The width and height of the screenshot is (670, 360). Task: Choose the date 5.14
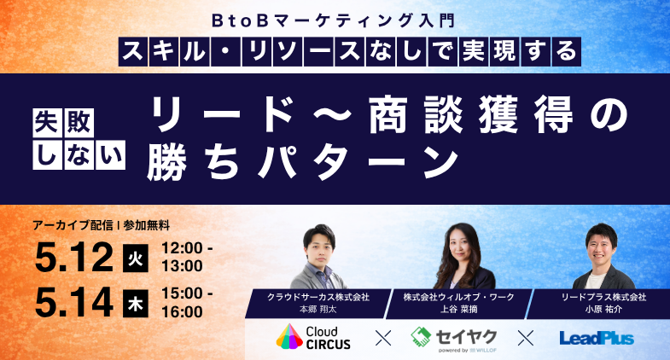tap(75, 301)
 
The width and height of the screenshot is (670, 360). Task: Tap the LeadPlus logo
tap(597, 339)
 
